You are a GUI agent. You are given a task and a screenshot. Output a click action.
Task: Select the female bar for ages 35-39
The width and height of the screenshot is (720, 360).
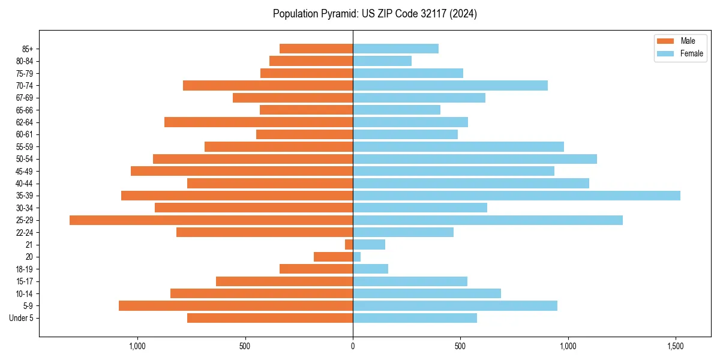tap(516, 196)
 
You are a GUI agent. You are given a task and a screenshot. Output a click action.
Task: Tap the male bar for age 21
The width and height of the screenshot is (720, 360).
tap(349, 244)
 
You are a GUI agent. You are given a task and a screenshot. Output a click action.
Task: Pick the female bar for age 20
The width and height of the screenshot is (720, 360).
tap(356, 257)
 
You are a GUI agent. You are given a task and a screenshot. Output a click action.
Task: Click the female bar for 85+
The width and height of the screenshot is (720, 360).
tap(395, 49)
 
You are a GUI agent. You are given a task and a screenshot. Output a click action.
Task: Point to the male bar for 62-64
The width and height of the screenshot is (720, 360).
tap(259, 122)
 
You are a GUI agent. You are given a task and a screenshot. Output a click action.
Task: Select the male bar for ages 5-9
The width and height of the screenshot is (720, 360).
tap(236, 305)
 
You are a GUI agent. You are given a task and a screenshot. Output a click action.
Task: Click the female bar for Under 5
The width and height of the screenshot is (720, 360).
tap(415, 318)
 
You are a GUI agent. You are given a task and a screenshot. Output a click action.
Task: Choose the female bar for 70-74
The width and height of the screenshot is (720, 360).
tap(450, 85)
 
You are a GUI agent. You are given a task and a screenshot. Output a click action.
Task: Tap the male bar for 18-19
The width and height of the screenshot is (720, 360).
tap(316, 269)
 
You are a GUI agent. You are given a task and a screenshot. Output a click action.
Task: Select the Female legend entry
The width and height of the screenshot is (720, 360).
tap(684, 53)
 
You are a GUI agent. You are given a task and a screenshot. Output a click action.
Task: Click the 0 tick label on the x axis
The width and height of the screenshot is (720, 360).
tap(353, 346)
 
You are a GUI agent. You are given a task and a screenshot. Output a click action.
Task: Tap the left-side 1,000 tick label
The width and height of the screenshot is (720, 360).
tap(137, 346)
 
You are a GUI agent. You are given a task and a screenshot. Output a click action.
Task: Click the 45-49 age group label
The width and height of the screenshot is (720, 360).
tap(24, 171)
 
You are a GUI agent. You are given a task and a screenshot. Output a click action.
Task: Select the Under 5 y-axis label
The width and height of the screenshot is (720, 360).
tap(22, 318)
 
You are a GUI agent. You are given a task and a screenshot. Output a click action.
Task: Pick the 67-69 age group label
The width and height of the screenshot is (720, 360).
tap(24, 98)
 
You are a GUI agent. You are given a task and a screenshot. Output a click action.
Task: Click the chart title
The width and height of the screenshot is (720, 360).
tap(375, 14)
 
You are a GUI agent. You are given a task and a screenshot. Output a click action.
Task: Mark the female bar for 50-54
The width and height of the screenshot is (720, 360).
tap(475, 159)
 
